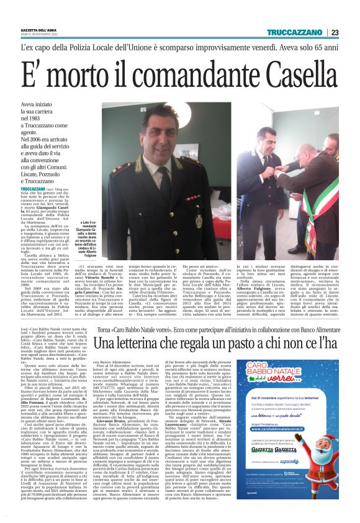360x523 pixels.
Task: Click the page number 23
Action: pyautogui.click(x=352, y=32)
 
